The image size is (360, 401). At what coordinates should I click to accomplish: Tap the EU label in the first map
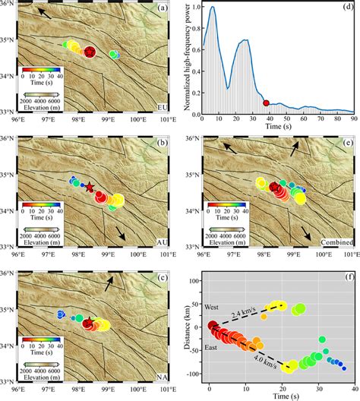point(163,109)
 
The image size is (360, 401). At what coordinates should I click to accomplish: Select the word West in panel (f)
point(215,305)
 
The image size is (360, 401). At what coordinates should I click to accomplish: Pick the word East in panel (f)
point(215,349)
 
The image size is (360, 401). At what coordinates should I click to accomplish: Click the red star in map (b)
point(89,186)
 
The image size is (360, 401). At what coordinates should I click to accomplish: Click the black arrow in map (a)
point(47,14)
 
